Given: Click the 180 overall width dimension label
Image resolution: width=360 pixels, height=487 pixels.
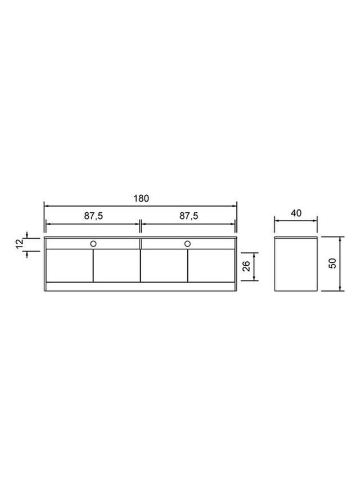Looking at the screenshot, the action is [x=141, y=198].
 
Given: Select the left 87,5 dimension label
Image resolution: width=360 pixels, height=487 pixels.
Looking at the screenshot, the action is [x=93, y=216].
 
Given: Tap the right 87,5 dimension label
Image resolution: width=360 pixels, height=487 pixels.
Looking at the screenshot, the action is [x=188, y=216].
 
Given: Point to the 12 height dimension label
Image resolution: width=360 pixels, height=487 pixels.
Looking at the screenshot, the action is [x=19, y=244].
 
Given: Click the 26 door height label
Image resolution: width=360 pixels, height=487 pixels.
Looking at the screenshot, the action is [x=246, y=266].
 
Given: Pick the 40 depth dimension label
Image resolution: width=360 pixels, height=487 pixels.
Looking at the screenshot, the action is [x=296, y=213].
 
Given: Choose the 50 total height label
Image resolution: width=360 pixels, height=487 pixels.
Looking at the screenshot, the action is [x=332, y=263].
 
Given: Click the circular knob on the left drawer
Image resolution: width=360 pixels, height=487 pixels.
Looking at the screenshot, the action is [x=93, y=244].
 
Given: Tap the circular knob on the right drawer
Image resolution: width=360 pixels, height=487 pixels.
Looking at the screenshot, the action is [x=187, y=244].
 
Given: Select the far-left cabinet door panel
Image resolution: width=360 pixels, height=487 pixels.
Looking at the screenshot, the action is [x=70, y=266].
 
